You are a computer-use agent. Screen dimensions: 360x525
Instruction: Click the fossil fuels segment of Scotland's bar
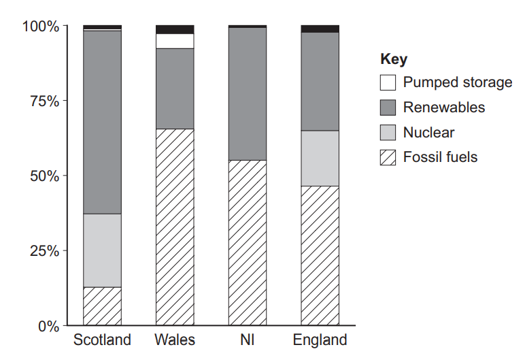(102, 306)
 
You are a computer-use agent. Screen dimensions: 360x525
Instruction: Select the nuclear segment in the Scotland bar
(102, 250)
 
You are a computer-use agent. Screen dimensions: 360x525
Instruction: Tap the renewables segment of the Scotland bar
(102, 122)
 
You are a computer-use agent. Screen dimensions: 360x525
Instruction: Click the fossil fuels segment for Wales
(175, 227)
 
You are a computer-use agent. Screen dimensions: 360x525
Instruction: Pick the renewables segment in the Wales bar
(175, 88)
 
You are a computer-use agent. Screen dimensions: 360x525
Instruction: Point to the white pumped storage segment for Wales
(175, 41)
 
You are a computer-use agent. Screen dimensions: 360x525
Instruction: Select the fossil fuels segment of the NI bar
(248, 242)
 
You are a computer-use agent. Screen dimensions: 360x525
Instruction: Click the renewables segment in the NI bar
(248, 94)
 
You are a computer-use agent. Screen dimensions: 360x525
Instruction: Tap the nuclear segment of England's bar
(320, 158)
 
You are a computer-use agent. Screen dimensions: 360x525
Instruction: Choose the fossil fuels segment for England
(320, 256)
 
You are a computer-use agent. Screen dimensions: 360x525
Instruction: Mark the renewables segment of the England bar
(320, 82)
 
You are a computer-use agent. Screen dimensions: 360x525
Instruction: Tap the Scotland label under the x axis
(102, 340)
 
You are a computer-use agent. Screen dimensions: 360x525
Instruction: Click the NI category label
(248, 340)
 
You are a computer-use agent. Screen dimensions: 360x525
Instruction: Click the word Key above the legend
(394, 59)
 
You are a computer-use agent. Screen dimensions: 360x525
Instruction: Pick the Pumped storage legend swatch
(388, 83)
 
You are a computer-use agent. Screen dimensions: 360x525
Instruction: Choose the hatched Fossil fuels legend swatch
(388, 158)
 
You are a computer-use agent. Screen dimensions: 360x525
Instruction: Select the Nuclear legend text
(428, 133)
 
